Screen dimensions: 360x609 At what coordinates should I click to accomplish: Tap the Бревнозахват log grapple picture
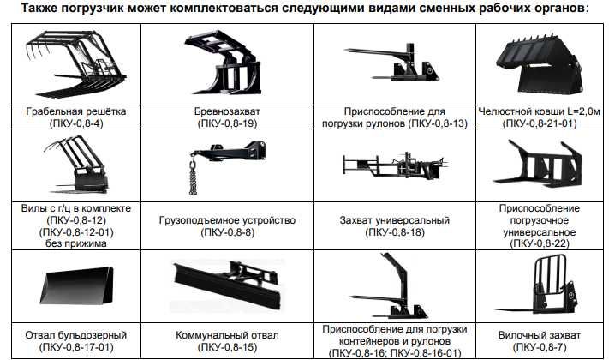224,65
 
